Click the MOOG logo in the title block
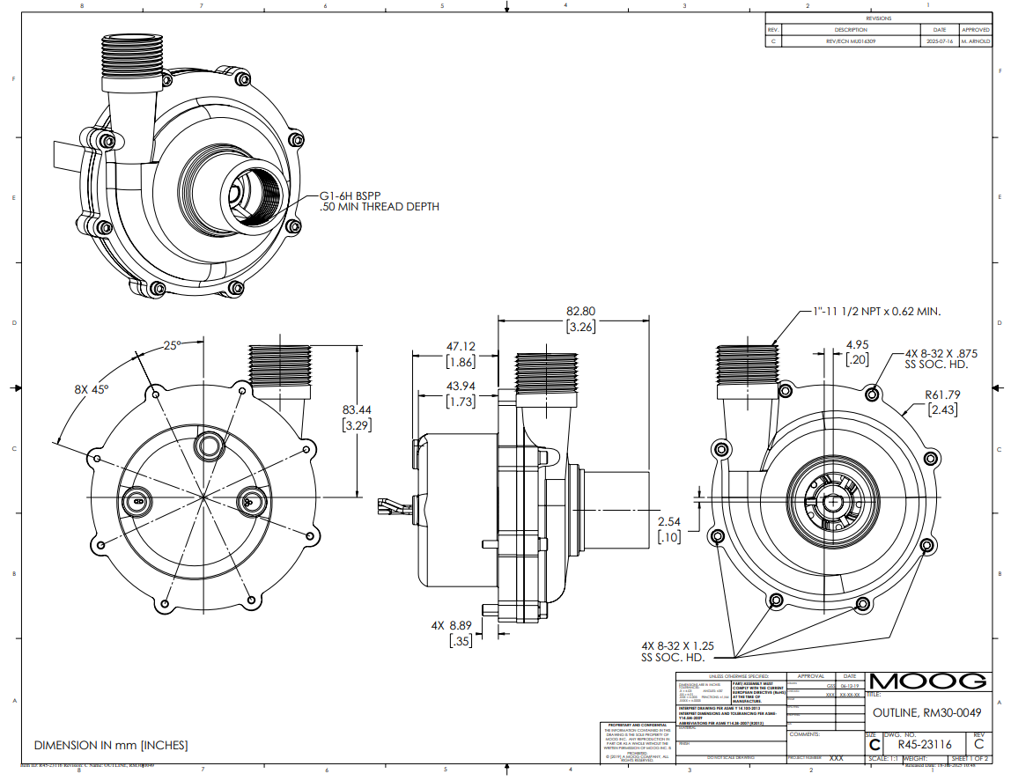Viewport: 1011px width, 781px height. pos(927,681)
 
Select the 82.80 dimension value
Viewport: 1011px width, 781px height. pos(580,311)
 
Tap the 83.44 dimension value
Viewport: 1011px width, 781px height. pos(356,409)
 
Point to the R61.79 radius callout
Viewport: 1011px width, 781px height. pos(941,394)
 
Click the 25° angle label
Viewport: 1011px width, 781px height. pos(172,345)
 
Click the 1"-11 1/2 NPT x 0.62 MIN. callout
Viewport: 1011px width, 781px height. pos(876,311)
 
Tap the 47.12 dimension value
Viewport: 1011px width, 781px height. pos(461,346)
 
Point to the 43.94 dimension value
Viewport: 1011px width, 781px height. pos(461,387)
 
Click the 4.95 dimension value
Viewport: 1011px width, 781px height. pos(857,344)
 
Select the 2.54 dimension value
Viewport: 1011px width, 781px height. pos(669,521)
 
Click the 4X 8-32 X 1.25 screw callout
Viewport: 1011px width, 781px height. pos(678,645)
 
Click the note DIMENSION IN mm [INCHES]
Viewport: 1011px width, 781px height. pos(111,745)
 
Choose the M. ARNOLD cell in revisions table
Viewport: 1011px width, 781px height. pos(976,41)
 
